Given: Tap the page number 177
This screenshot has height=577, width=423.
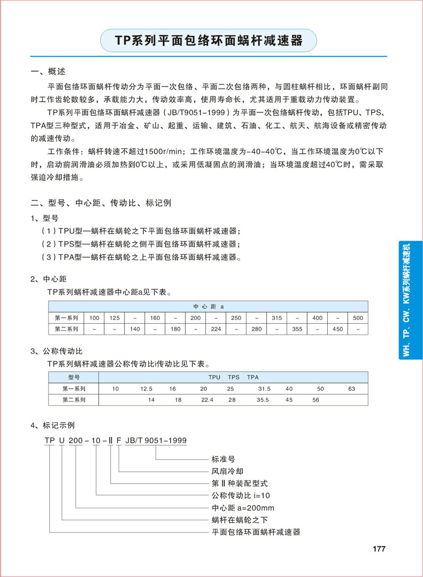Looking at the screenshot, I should pos(380,548).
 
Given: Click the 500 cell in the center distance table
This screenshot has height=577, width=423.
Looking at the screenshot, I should pos(358,317).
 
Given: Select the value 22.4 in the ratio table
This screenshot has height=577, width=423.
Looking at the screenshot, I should pos(207,400).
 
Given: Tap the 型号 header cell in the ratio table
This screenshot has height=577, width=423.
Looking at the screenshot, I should pos(73,377).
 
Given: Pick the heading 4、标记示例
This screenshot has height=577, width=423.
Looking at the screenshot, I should pos(53,425).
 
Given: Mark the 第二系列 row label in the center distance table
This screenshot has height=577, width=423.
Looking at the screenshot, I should pos(67,329).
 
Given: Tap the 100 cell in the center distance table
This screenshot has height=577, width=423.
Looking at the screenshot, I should pos(94,317).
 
